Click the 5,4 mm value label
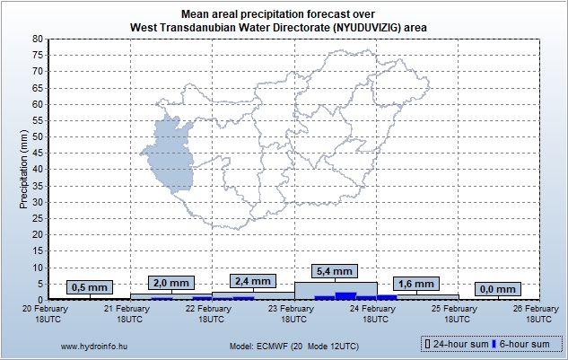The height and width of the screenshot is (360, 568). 334,270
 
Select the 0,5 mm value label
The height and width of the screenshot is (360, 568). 89,287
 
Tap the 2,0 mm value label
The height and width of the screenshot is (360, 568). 170,282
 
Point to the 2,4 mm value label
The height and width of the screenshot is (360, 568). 252,280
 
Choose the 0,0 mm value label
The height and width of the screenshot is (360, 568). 497,288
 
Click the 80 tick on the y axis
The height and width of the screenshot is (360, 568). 36,40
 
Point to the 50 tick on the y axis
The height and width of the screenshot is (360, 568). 36,136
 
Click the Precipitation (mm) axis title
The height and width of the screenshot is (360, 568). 24,168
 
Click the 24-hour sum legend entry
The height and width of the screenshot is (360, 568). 457,344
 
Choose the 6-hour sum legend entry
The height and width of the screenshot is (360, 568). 525,344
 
